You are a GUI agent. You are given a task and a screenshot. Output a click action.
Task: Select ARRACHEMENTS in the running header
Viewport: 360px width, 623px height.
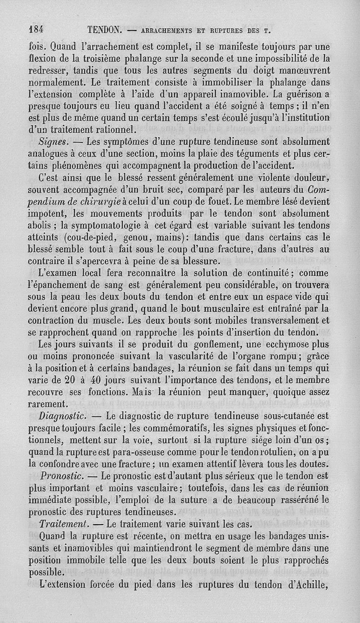pyautogui.click(x=169, y=31)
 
